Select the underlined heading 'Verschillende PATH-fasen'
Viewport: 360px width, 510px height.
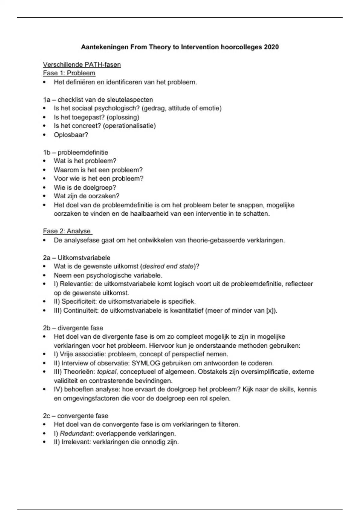[x=82, y=64]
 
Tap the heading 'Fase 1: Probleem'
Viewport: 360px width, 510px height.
[x=69, y=73]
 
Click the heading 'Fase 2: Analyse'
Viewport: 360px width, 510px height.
[x=67, y=231]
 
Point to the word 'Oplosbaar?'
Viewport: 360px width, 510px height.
[x=71, y=135]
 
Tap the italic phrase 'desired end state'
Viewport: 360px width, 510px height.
[x=168, y=266]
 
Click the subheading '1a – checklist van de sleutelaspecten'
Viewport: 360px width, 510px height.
[x=98, y=100]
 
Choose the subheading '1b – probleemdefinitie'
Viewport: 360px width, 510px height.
[x=76, y=152]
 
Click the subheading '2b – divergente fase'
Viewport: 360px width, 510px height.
[x=73, y=328]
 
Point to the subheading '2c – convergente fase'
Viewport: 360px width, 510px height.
[x=76, y=416]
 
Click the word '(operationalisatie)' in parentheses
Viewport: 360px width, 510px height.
[x=129, y=126]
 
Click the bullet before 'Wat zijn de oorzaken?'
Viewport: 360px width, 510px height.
[x=45, y=196]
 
